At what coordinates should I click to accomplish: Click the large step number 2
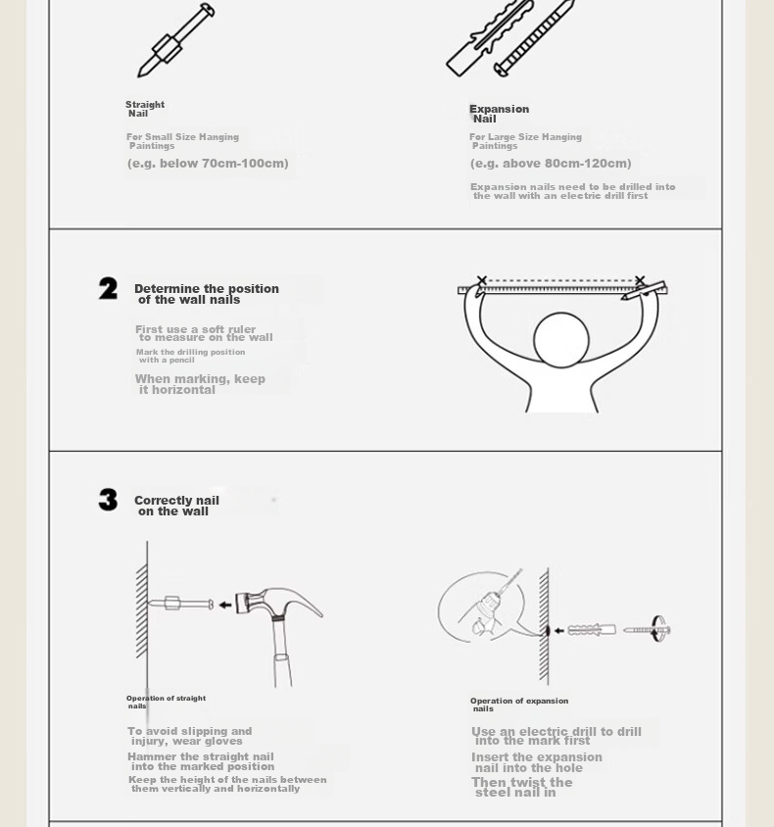(108, 288)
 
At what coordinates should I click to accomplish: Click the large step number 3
(108, 500)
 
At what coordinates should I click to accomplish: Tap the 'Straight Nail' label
(145, 109)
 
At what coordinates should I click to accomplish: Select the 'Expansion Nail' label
(500, 114)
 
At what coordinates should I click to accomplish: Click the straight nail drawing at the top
(175, 40)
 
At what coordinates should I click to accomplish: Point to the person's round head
(561, 340)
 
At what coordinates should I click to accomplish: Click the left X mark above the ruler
(481, 280)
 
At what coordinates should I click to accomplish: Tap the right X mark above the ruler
(640, 280)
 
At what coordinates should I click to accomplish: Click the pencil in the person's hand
(644, 291)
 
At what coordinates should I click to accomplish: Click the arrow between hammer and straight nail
(225, 605)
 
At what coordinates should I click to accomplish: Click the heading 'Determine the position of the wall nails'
(207, 294)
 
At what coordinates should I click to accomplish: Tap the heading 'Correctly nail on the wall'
(176, 506)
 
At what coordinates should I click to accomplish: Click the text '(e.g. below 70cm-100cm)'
(208, 164)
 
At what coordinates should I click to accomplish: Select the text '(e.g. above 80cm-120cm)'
(551, 164)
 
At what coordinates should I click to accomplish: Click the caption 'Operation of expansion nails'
(519, 705)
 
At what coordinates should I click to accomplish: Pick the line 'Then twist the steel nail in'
(522, 787)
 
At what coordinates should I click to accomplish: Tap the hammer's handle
(282, 653)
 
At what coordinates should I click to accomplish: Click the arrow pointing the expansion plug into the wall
(558, 630)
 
